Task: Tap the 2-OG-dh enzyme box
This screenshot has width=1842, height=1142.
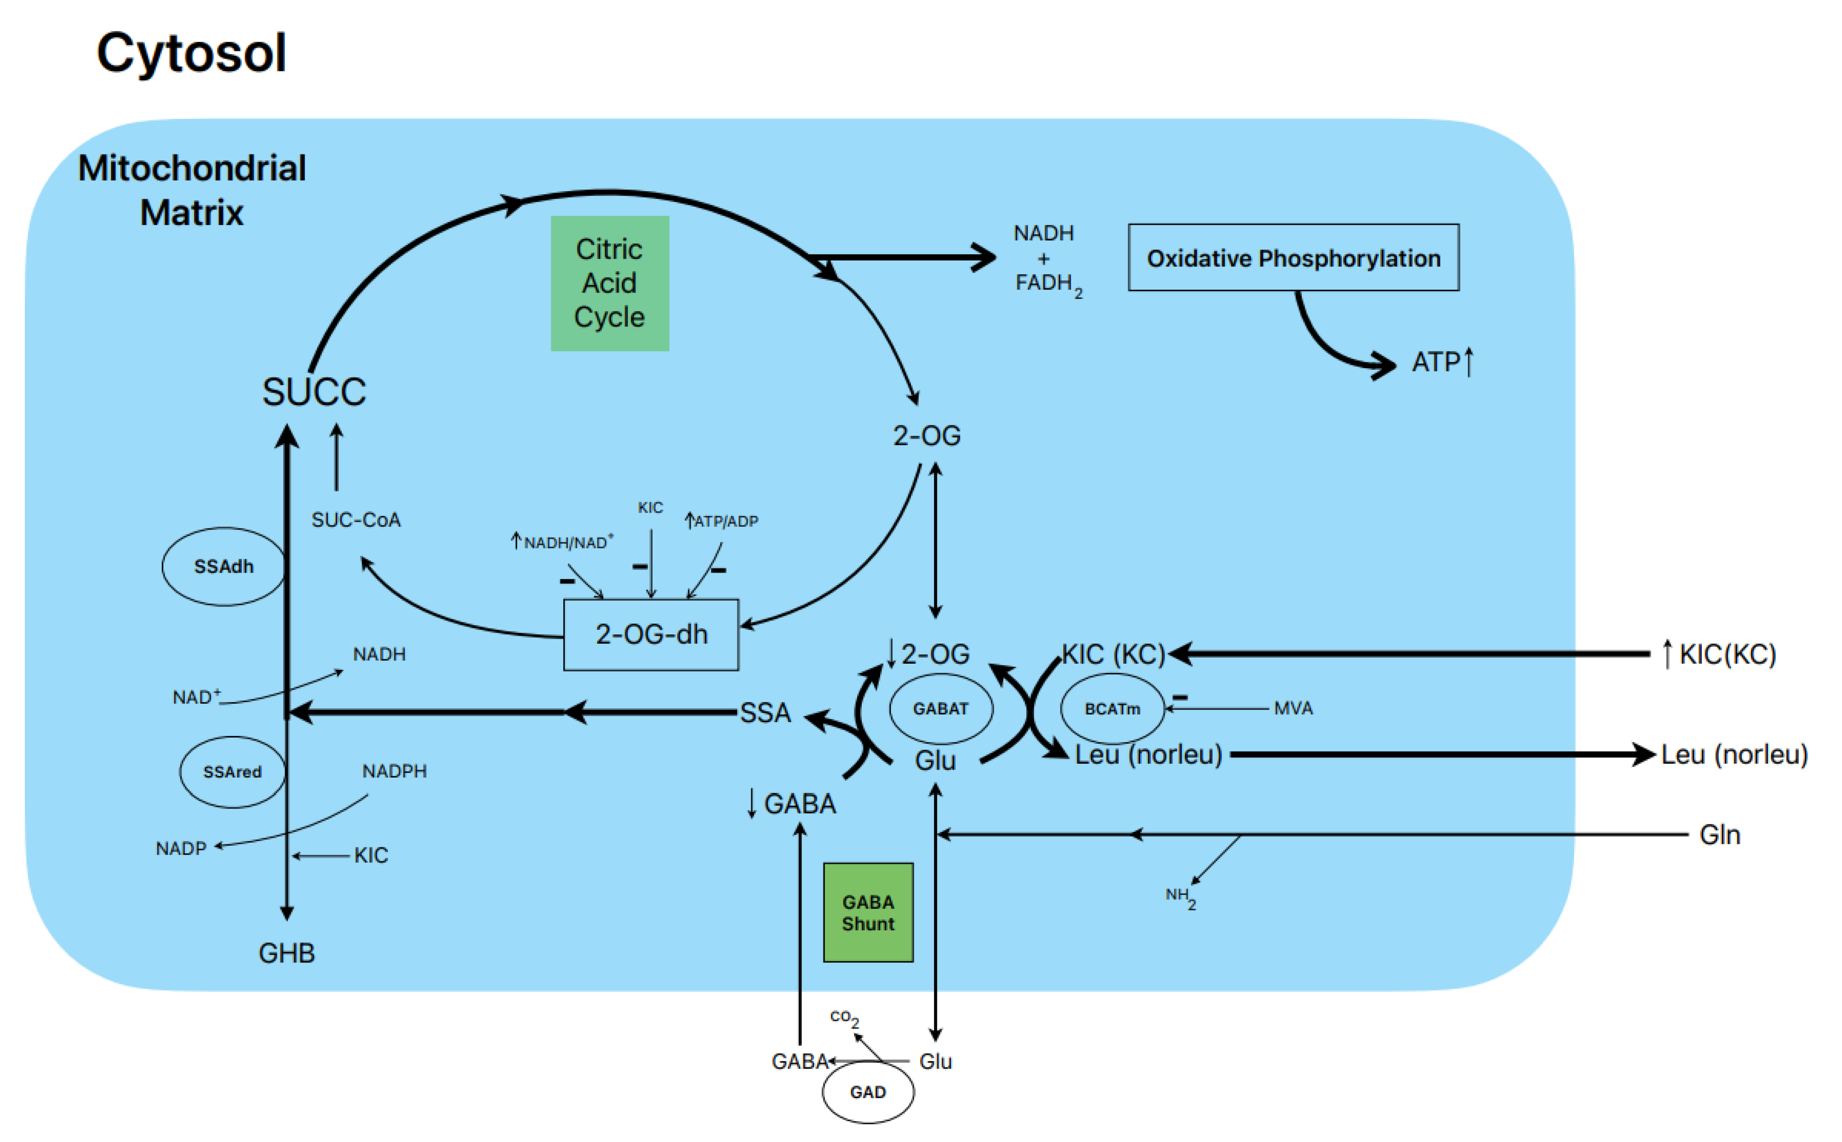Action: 651,634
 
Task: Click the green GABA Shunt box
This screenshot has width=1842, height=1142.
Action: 868,912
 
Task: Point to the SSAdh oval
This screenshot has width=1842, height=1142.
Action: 223,566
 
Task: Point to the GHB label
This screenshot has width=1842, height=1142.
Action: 286,953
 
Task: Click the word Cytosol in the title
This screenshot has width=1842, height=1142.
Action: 191,53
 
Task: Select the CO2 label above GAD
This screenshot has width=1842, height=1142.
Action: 843,1017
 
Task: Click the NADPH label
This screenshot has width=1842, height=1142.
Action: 394,771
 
